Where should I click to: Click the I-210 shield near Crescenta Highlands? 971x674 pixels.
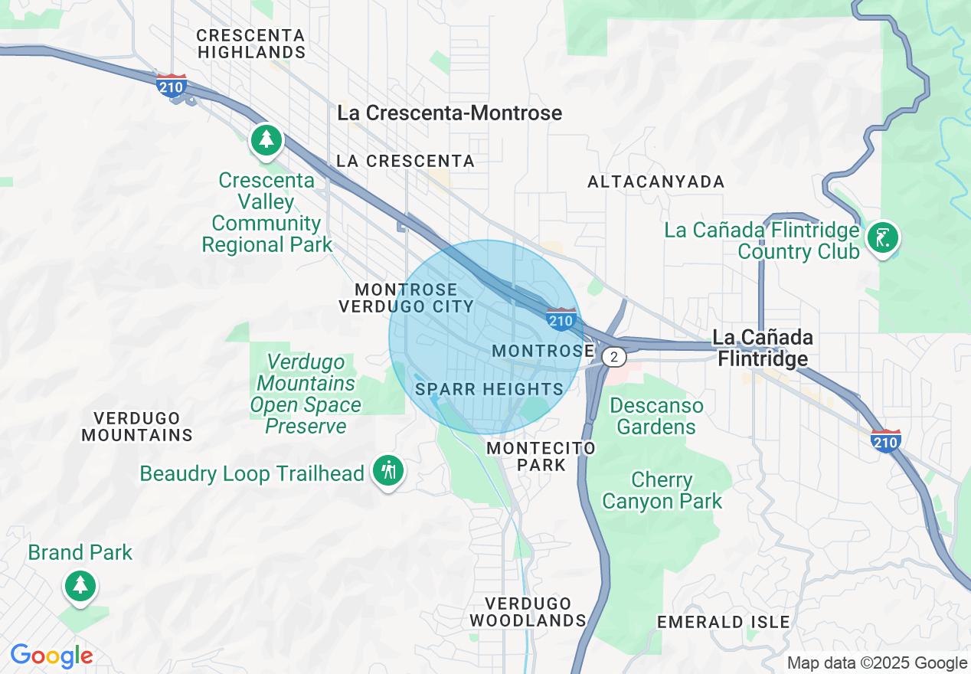point(170,86)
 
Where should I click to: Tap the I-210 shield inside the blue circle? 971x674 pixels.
point(561,319)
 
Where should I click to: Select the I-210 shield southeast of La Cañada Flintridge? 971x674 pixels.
point(885,440)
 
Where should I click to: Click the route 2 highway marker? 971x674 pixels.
point(613,357)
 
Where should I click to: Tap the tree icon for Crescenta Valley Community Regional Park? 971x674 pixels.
point(266,140)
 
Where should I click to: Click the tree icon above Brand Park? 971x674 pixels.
point(80,586)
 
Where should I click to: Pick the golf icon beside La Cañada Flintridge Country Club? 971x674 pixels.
point(882,238)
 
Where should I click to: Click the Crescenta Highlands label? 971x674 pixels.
point(251,44)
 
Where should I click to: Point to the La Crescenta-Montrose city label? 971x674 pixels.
point(450,113)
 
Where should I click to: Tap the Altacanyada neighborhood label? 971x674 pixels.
point(656,182)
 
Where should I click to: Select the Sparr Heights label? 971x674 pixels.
point(489,389)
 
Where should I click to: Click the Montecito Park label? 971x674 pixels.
point(541,456)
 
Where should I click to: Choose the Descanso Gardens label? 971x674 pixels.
point(656,416)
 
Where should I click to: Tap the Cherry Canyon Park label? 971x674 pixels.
point(662,491)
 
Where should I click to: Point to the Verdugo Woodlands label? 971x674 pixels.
point(528,612)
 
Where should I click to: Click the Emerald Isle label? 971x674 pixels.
point(724,622)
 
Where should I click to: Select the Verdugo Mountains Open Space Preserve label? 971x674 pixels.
point(305,394)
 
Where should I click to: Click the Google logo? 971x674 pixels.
point(51,656)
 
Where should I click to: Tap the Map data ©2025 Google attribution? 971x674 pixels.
point(878,663)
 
